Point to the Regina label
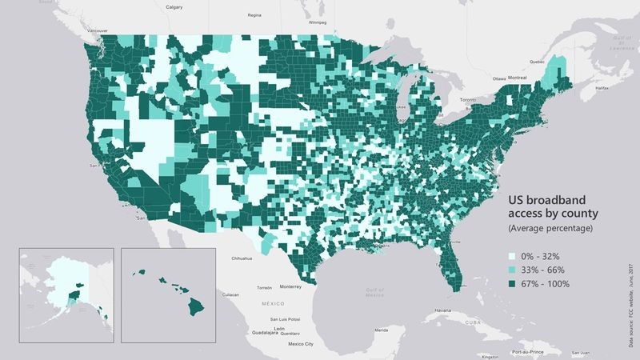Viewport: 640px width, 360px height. (255, 15)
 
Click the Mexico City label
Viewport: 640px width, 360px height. (300, 345)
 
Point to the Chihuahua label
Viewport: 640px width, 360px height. (242, 258)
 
